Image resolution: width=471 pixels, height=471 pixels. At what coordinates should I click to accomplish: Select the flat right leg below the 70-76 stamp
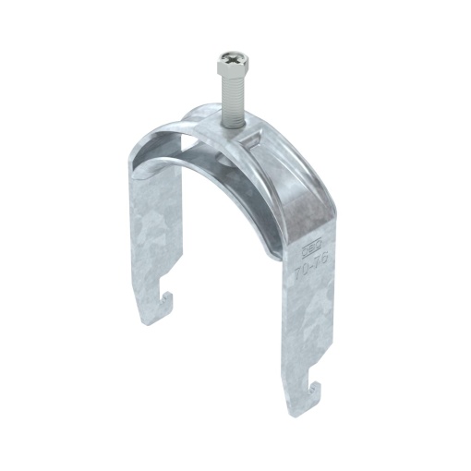305,332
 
